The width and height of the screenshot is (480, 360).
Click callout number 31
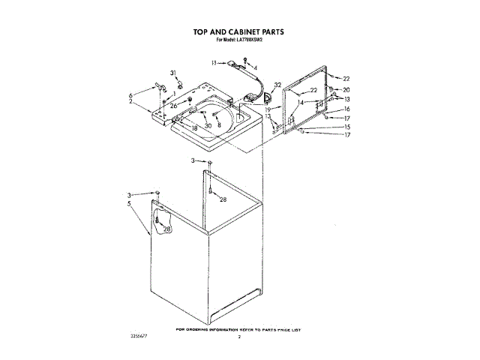[173, 73]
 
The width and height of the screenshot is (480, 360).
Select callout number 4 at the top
[255, 68]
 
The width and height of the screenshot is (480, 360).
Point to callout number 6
[130, 95]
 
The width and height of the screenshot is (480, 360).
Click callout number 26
[173, 106]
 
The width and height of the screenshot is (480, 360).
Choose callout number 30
[208, 126]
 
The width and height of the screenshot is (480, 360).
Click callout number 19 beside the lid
[267, 109]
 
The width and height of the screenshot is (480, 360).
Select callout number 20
[346, 90]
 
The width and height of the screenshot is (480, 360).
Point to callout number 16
[346, 109]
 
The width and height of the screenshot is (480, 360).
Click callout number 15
[346, 127]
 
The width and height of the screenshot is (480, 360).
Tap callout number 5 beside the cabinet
[130, 203]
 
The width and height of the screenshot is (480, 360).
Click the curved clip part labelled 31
[179, 82]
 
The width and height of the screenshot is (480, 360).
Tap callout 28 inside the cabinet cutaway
[166, 229]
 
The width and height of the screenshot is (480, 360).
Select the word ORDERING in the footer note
[202, 330]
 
